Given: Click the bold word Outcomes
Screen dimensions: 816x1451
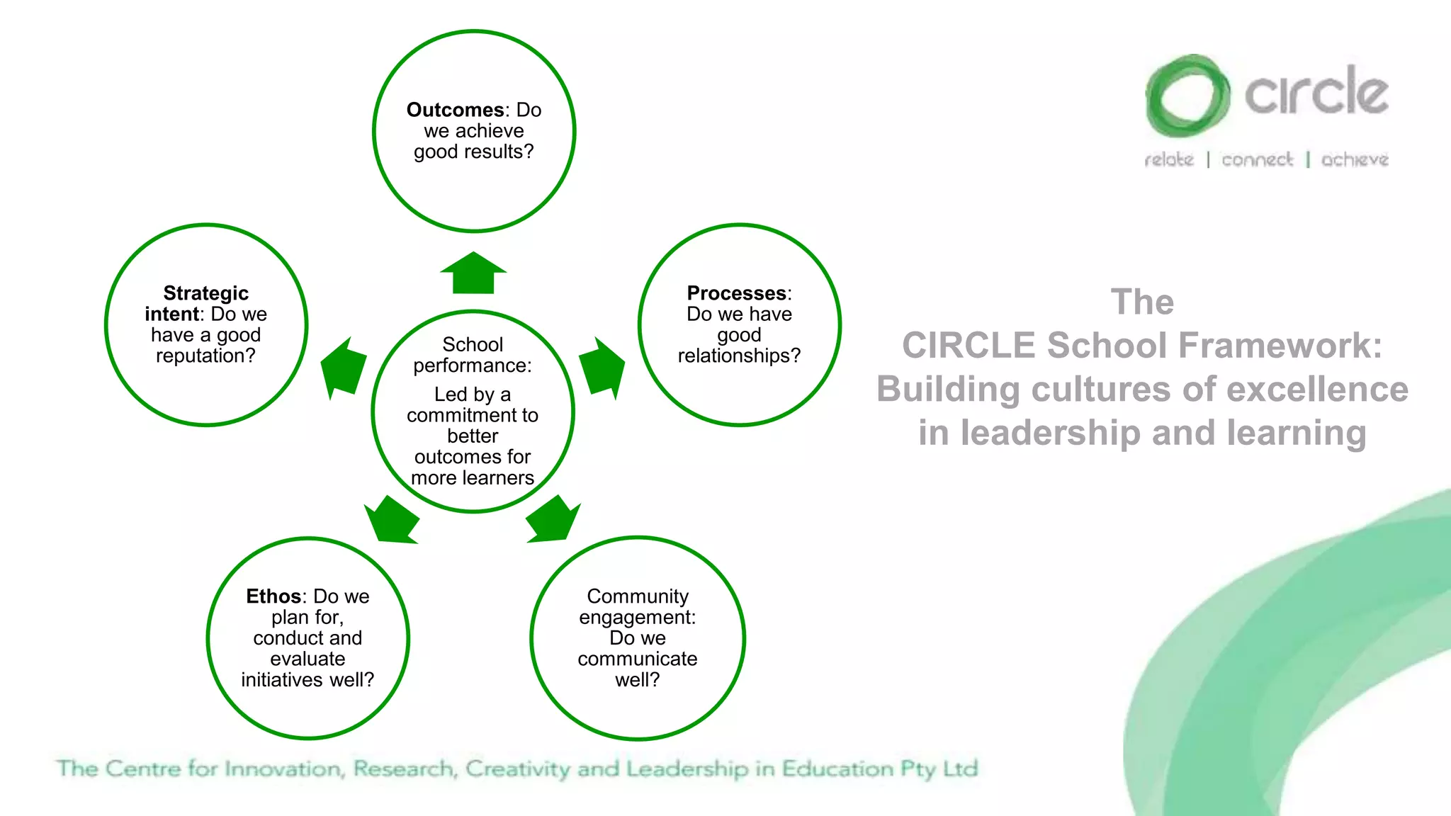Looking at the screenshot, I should coord(454,110).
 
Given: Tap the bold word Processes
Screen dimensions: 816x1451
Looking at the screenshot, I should coord(737,293).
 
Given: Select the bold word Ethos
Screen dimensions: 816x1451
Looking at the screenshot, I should coord(273,596).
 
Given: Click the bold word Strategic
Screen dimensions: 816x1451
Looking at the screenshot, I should coord(205,293).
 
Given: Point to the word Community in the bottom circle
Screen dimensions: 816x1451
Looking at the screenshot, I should coord(637,596).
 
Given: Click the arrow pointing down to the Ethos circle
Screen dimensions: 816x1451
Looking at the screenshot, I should coord(392,520).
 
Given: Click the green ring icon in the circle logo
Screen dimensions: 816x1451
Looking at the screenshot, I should coord(1187,96).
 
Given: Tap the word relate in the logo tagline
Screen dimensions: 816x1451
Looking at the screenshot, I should coord(1169,159).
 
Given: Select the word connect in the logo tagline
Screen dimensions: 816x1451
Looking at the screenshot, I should coord(1257,159).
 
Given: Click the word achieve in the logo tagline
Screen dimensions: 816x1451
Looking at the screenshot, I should coord(1354,159).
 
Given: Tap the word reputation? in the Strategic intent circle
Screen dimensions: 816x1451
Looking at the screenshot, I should coord(205,356).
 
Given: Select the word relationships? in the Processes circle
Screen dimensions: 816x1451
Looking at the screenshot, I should coord(739,356).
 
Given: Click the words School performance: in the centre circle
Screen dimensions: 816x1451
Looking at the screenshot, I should coord(473,355).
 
